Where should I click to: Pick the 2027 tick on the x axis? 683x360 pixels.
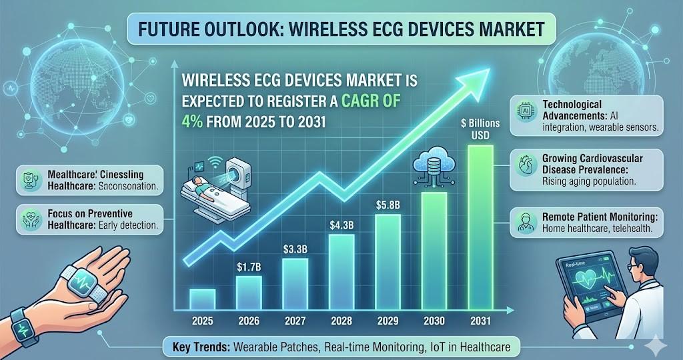(295, 320)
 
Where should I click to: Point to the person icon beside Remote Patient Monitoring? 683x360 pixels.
(524, 222)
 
